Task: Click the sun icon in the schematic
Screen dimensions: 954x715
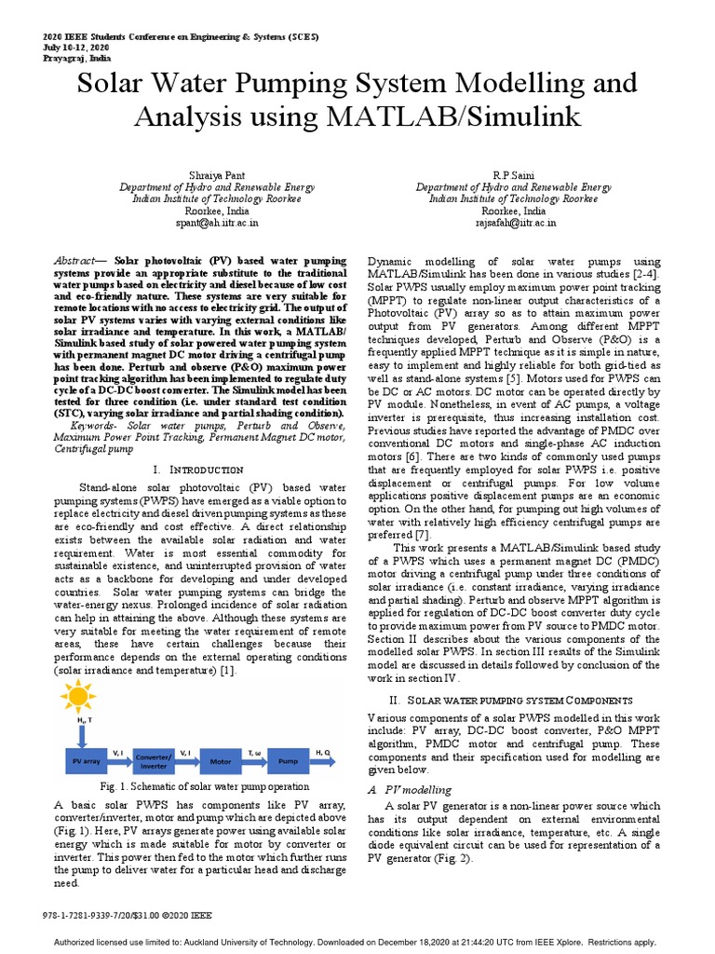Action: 78,698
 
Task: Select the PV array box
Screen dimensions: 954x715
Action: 85,761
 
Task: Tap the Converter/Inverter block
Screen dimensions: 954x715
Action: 154,761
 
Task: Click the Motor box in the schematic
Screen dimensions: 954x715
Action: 221,761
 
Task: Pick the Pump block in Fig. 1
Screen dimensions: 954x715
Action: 289,761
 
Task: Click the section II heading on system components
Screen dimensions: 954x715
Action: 511,699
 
